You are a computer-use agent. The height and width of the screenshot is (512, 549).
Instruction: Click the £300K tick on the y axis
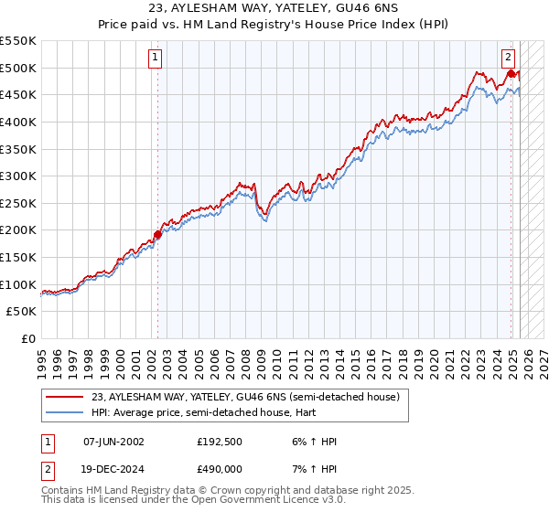pyautogui.click(x=17, y=176)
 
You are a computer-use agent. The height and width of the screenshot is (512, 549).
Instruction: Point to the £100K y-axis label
pyautogui.click(x=17, y=284)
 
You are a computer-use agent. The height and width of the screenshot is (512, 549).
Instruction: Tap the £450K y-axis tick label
pyautogui.click(x=17, y=94)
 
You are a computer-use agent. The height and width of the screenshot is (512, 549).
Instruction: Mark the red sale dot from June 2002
pyautogui.click(x=157, y=234)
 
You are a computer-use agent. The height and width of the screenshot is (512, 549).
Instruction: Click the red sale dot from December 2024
pyautogui.click(x=511, y=73)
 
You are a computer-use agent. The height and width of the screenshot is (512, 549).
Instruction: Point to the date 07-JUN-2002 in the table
pyautogui.click(x=113, y=442)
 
